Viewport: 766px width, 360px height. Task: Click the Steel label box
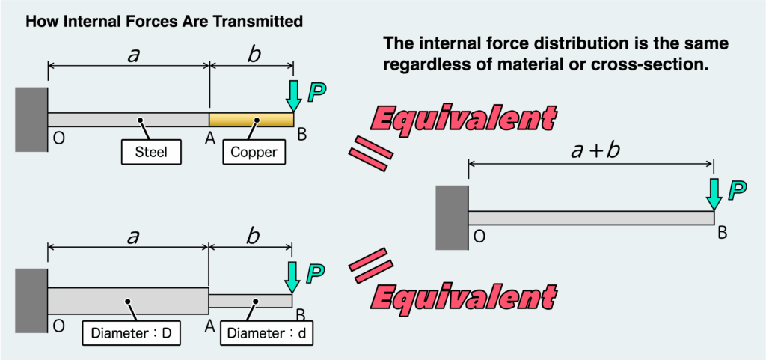pos(152,153)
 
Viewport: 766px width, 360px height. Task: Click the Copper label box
pos(254,153)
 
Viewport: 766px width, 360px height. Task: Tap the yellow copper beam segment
pos(251,120)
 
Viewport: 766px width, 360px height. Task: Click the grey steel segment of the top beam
pos(128,120)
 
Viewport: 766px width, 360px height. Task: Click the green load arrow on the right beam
pos(714,194)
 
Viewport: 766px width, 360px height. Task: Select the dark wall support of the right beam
pos(451,217)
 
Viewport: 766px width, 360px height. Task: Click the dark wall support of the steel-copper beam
pos(31,120)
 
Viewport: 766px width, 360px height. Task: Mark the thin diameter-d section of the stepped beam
pos(250,301)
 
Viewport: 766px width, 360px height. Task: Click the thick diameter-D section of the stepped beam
pos(128,301)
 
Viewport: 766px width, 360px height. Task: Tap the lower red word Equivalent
pos(464,297)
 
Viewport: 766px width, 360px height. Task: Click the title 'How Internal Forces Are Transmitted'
pos(164,22)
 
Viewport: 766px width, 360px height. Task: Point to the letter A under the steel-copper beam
pos(211,138)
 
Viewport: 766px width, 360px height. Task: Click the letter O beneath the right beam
pos(479,237)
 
